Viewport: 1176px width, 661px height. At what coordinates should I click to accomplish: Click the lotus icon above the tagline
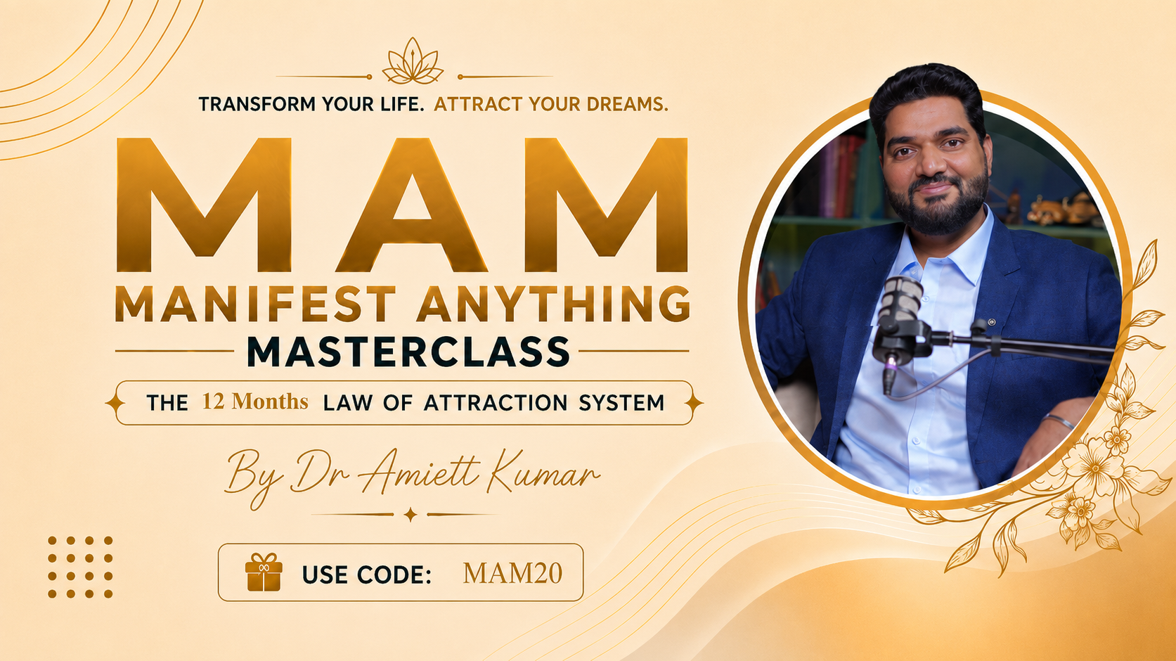point(413,61)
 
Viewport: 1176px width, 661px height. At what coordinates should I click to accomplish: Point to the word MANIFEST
point(255,304)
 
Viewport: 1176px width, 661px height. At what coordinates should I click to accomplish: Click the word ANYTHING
point(553,304)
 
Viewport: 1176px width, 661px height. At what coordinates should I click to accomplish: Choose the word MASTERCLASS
point(408,352)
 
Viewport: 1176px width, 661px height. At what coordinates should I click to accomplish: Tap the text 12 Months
point(255,402)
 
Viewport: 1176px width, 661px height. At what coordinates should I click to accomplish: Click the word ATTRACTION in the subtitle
point(496,403)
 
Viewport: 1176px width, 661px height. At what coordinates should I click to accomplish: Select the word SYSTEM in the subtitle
point(621,403)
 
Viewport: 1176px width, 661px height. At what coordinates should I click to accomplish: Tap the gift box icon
point(264,572)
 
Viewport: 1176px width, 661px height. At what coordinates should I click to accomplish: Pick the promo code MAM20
point(512,573)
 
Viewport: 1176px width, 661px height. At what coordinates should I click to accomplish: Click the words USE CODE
point(366,575)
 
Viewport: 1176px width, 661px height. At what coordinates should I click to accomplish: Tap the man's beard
point(938,202)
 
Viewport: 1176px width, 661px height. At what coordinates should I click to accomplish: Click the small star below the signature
point(411,515)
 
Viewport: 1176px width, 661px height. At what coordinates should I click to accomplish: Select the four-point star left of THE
point(115,403)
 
